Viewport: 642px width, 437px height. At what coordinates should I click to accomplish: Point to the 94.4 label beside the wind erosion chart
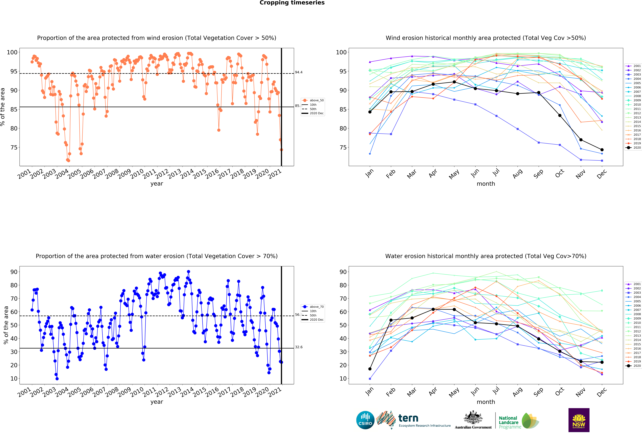click(x=299, y=72)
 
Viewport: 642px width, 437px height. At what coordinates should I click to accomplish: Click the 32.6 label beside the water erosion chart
click(x=299, y=347)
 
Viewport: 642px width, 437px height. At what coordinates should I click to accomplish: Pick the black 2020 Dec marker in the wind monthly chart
click(x=602, y=150)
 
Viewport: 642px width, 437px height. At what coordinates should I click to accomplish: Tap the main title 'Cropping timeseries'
click(x=292, y=3)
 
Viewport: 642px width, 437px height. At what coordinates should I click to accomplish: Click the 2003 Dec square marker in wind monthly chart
click(x=602, y=161)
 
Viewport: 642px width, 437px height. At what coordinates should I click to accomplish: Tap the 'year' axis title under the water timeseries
click(x=157, y=402)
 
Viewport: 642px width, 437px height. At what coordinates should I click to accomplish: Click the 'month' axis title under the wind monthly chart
click(x=486, y=184)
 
